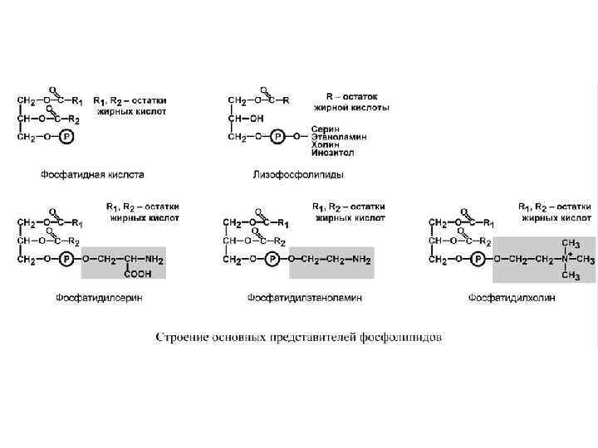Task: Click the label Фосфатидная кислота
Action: pos(92,174)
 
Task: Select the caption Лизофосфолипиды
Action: pos(298,174)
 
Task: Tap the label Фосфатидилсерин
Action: pos(99,297)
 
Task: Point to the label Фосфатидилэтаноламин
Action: pos(304,297)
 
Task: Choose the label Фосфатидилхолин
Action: pos(511,297)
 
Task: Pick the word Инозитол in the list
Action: pos(333,153)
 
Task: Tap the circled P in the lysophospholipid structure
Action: pos(279,135)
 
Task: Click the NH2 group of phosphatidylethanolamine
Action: pos(360,259)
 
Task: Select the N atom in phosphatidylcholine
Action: pos(566,259)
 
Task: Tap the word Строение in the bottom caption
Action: pos(181,337)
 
